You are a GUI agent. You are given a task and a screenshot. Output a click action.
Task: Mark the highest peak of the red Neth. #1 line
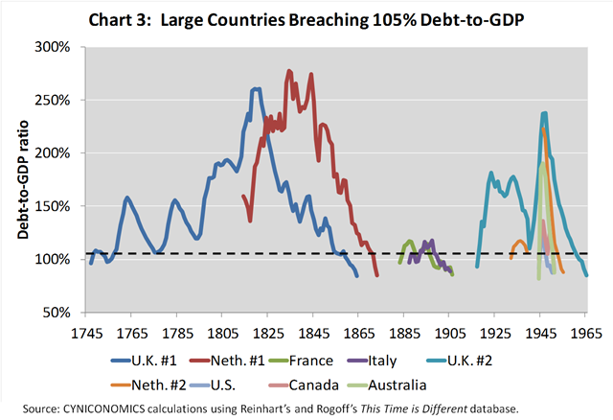[288, 70]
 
